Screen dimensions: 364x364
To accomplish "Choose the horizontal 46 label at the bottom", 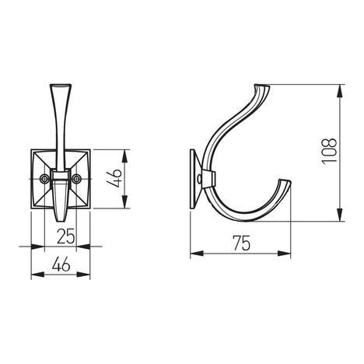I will (x=62, y=264).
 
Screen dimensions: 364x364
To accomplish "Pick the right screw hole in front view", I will (x=78, y=178).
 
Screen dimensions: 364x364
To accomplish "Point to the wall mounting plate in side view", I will (x=193, y=180).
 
